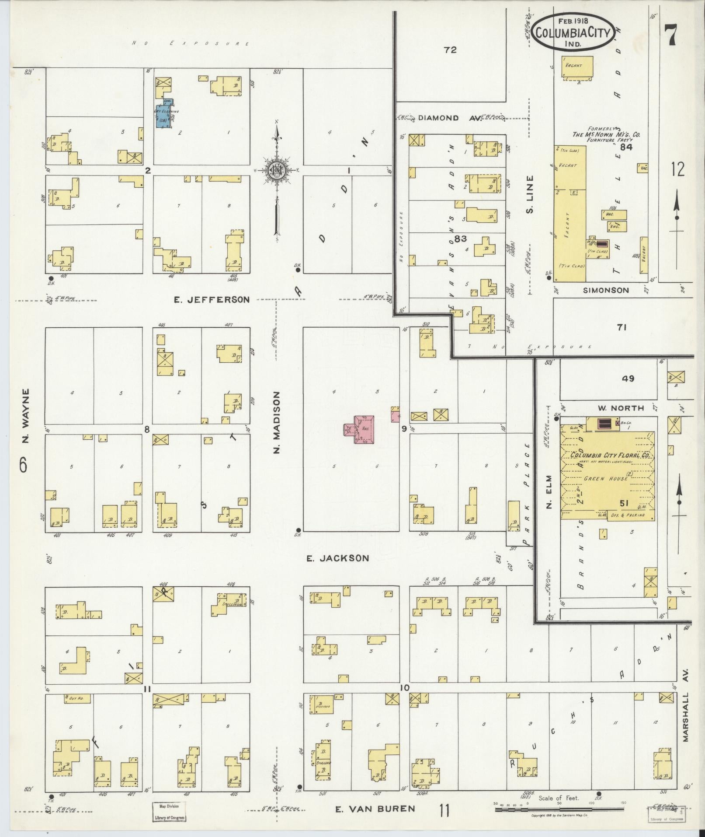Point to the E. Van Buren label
click(x=375, y=809)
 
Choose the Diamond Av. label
click(x=438, y=118)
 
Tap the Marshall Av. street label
click(x=685, y=717)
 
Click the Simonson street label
click(x=605, y=290)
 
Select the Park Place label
click(x=528, y=494)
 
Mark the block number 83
click(x=461, y=238)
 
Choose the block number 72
click(x=450, y=50)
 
